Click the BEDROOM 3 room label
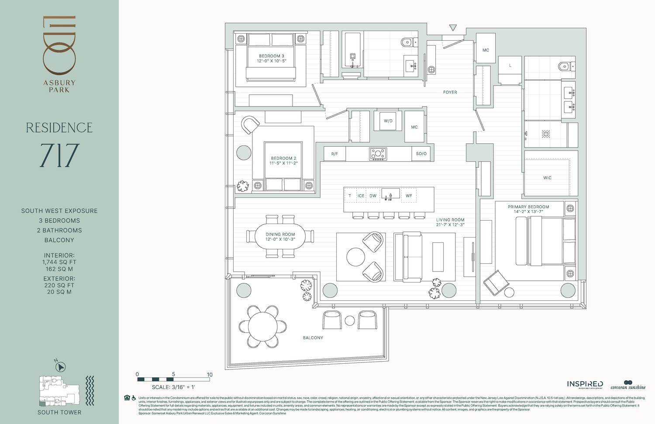(x=271, y=56)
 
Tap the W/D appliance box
(x=388, y=121)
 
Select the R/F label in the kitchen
(x=334, y=154)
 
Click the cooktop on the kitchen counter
(x=378, y=154)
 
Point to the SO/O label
(x=421, y=154)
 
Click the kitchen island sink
(x=390, y=194)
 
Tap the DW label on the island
(x=373, y=196)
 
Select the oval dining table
(x=280, y=236)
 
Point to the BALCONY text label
(x=313, y=338)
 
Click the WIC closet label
(x=547, y=178)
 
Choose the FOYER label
(x=450, y=92)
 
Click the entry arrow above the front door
(x=453, y=28)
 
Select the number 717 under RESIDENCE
(x=59, y=156)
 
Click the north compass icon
(x=61, y=368)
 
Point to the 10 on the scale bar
(x=210, y=375)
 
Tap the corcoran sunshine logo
(x=628, y=385)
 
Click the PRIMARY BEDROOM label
(x=528, y=207)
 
